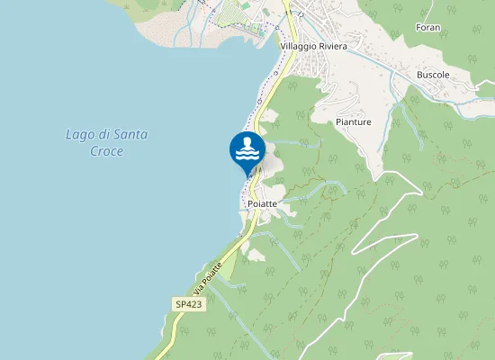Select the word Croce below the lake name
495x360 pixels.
(106, 151)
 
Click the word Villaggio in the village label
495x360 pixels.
(301, 46)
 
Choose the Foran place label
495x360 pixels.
(427, 28)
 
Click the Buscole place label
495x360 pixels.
(433, 75)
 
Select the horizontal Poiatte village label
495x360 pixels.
(261, 205)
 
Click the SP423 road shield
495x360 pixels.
(188, 305)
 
